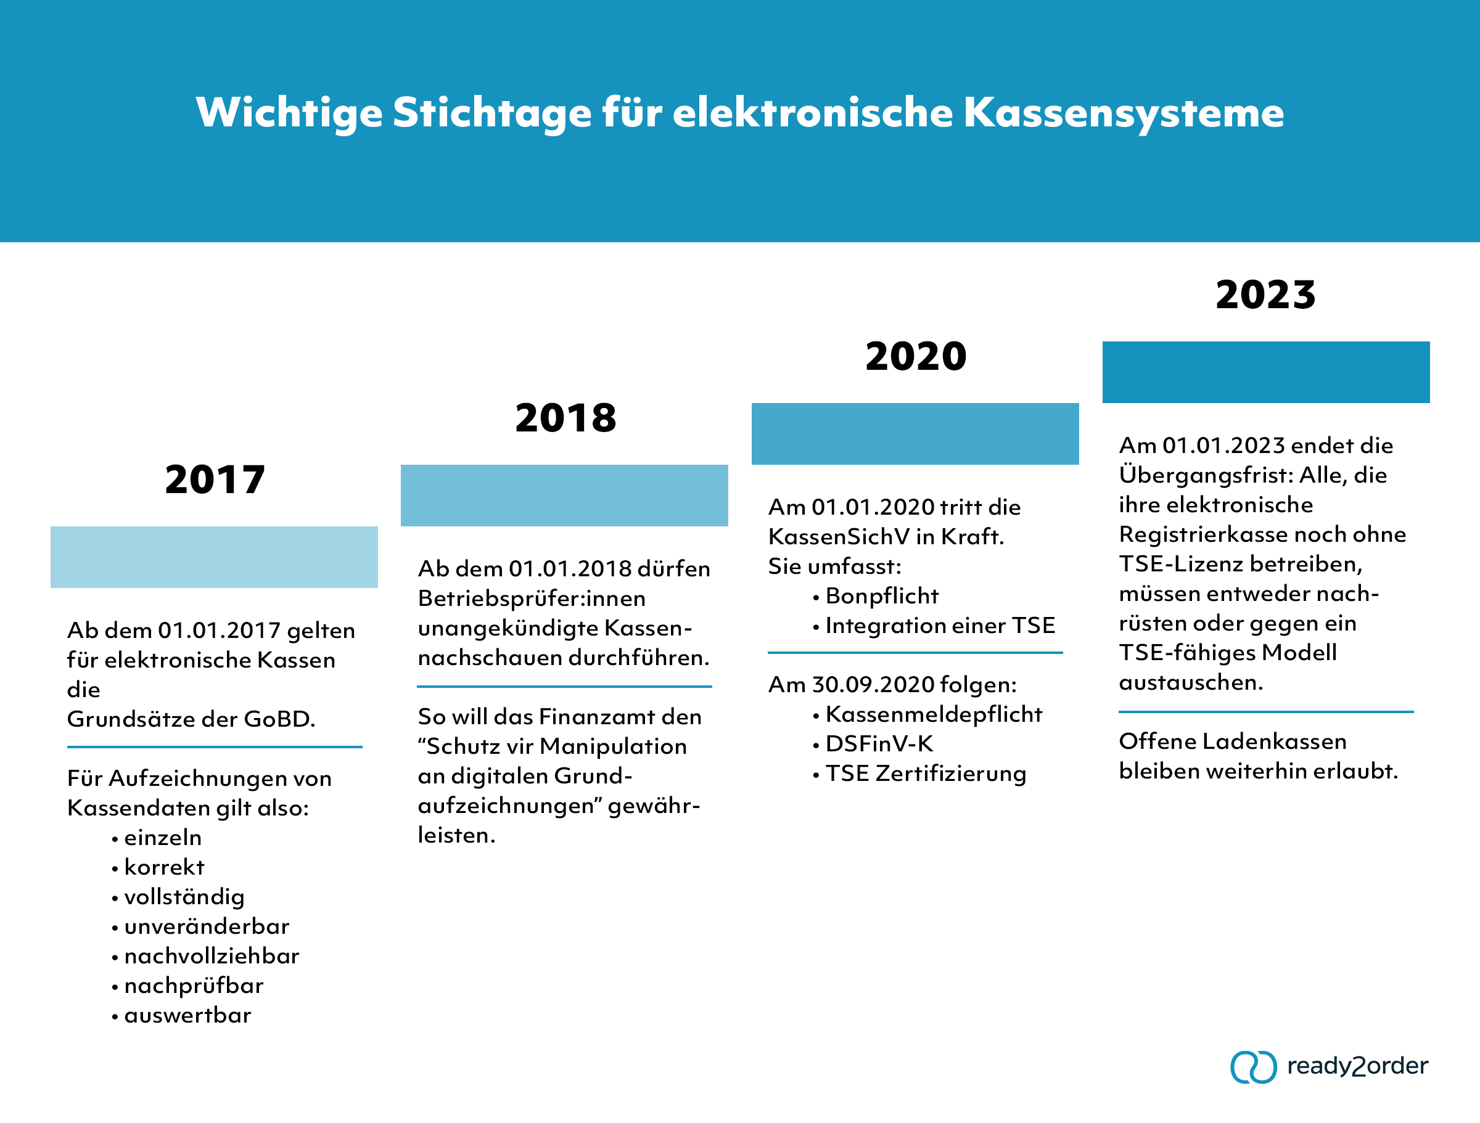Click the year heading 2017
[215, 480]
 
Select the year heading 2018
[565, 418]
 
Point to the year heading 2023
[1265, 295]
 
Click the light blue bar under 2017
[214, 557]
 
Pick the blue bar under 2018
[564, 495]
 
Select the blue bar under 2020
[915, 433]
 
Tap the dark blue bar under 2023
[1265, 372]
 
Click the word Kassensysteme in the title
[1124, 112]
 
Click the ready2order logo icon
[1252, 1066]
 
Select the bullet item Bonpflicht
[881, 596]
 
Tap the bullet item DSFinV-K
[879, 744]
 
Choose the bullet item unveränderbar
[206, 926]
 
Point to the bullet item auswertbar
[187, 1015]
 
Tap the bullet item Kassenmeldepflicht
[934, 714]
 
